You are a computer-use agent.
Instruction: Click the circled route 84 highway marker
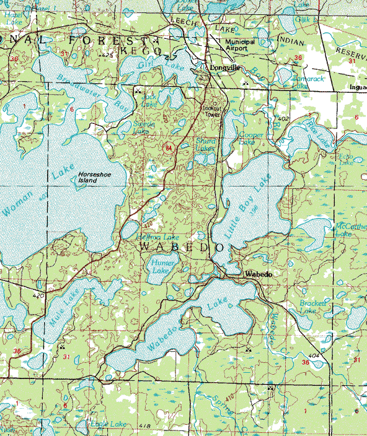[x=169, y=148]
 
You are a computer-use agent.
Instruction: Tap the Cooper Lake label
[x=252, y=138]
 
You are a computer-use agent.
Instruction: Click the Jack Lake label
[x=149, y=100]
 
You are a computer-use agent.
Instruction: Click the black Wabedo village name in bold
[x=259, y=273]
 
